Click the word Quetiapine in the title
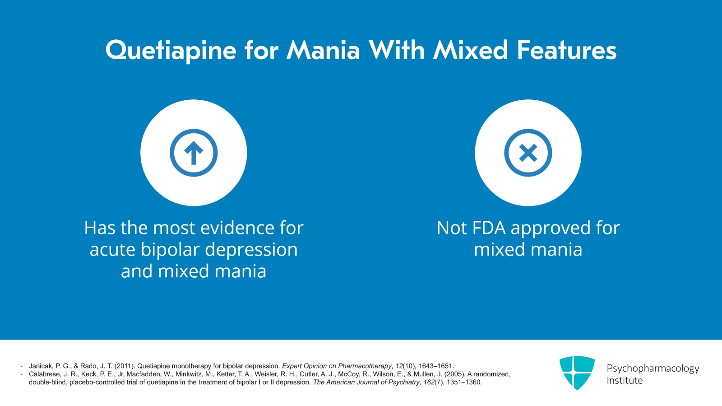(x=171, y=51)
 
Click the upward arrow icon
(x=194, y=153)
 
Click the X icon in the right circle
(x=528, y=153)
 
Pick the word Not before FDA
(x=452, y=228)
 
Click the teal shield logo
(x=577, y=373)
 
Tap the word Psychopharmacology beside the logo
(x=653, y=368)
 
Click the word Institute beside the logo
(x=625, y=381)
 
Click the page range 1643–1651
(x=436, y=366)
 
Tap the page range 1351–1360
(x=464, y=382)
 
